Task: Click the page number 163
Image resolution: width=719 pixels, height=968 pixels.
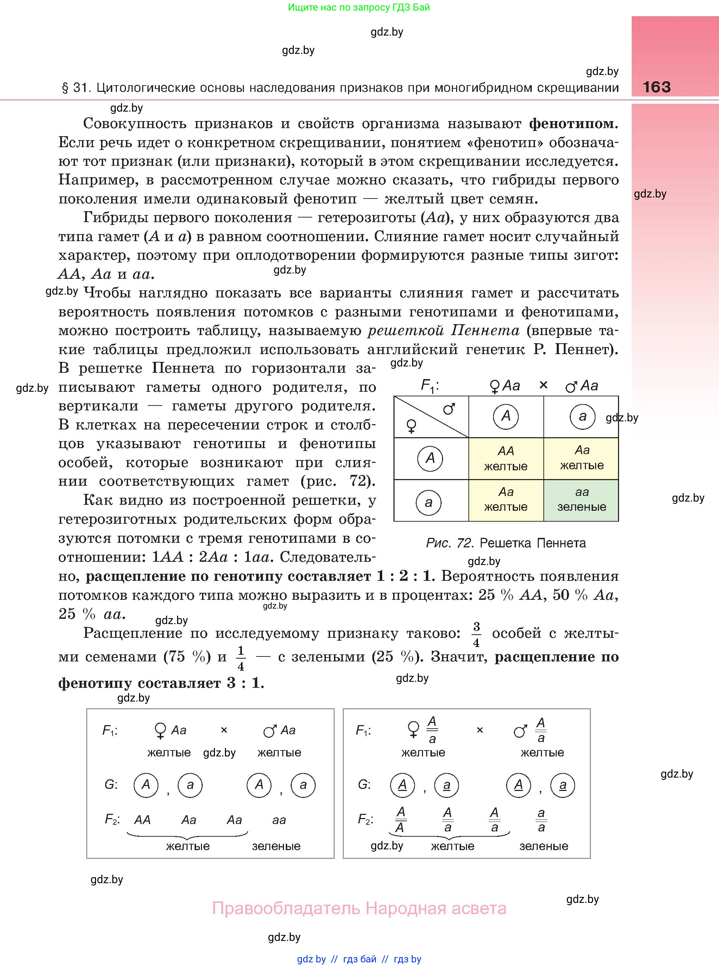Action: tap(656, 87)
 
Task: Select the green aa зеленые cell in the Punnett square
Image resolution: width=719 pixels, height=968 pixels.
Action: tap(581, 500)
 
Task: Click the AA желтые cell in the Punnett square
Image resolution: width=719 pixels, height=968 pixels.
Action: tap(506, 458)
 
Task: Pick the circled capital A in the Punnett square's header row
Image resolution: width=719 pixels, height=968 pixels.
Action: tap(506, 416)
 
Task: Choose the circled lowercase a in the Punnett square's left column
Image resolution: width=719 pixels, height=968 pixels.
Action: tap(429, 503)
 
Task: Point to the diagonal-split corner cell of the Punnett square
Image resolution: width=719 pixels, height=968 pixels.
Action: tap(431, 416)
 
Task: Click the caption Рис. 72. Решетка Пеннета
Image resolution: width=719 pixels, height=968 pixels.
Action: tap(506, 543)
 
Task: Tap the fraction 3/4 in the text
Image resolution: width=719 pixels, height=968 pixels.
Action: tap(476, 634)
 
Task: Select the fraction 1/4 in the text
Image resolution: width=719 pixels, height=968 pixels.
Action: tap(241, 658)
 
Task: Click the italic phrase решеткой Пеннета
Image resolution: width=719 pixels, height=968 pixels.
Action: tap(443, 331)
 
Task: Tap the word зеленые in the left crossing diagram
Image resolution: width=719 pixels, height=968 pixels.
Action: tap(276, 846)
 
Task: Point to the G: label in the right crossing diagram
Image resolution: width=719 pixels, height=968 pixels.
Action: tap(364, 785)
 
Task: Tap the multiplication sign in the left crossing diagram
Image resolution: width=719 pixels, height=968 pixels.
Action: tap(224, 730)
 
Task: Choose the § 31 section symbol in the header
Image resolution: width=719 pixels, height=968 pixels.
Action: tap(65, 88)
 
